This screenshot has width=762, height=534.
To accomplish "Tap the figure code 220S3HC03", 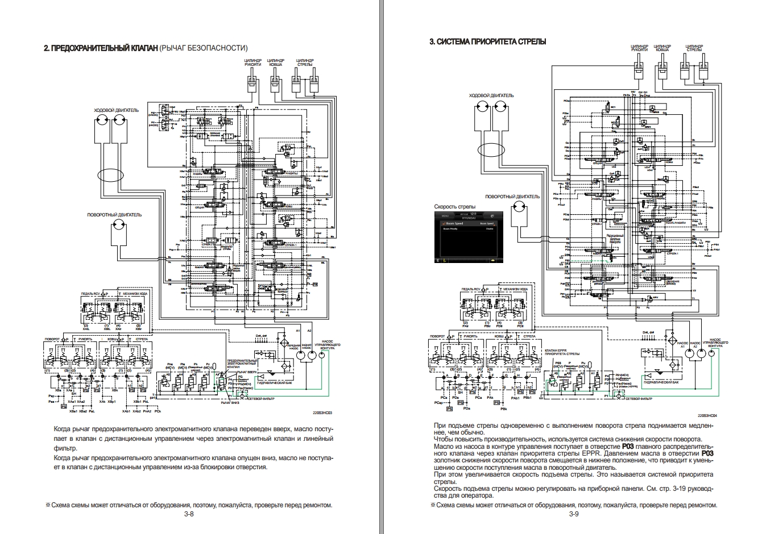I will tap(322, 414).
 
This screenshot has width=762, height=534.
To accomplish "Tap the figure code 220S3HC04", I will tap(707, 415).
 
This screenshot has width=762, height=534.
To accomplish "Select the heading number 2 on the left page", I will tap(46, 48).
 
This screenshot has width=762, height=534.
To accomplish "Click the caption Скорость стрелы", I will tap(454, 206).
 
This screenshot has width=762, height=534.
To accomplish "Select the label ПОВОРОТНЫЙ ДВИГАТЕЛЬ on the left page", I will tap(114, 215).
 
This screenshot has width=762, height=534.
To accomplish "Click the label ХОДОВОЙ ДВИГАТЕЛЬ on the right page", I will tap(491, 95).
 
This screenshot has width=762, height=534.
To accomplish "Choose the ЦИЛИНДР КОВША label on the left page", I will tap(276, 62).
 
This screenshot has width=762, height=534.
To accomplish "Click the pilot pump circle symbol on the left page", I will tap(322, 356).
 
